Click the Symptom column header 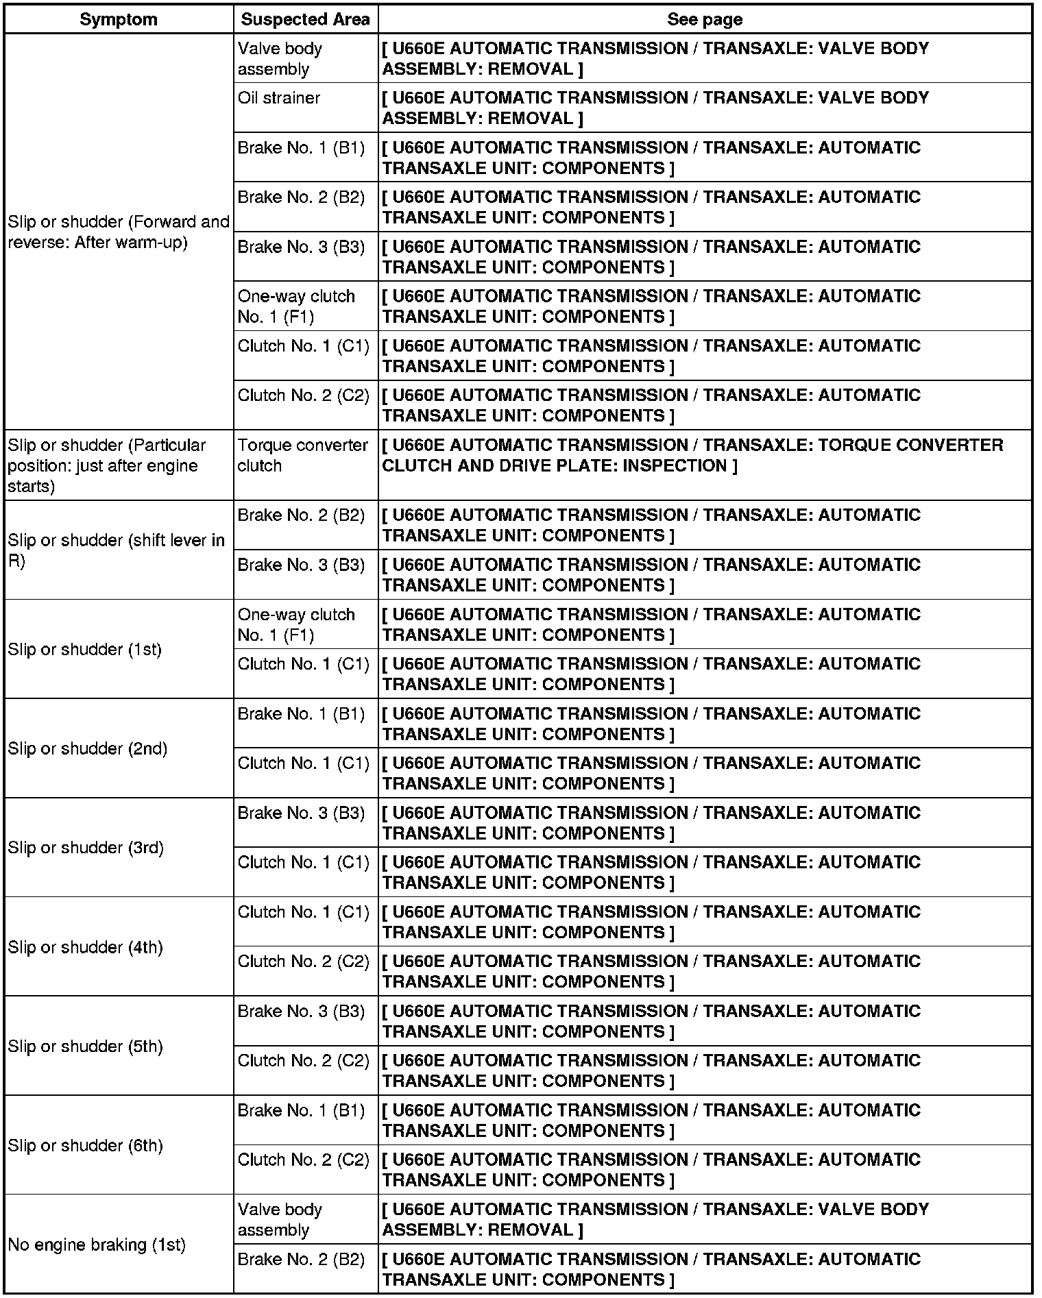coord(119,20)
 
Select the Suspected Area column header coord(305,20)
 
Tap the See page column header coord(704,20)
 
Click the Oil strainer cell coord(279,98)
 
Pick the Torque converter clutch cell coord(302,456)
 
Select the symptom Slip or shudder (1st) coord(85,649)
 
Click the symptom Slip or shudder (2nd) coord(88,748)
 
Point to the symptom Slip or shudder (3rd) coord(86,848)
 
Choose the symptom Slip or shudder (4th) coord(86,947)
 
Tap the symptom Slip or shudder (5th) coord(86,1046)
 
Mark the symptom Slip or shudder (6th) coord(86,1146)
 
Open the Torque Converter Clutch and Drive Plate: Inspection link coord(692,456)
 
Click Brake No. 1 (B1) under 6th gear coord(301,1110)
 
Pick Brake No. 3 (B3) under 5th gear coord(301,1012)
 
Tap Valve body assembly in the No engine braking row coord(280,1220)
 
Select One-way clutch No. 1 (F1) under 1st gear coord(296,624)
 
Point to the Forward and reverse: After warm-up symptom coord(118,232)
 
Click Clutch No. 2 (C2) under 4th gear coord(303,962)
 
